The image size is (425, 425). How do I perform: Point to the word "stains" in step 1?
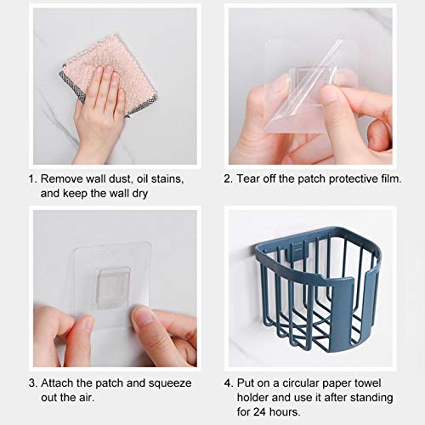[167, 178]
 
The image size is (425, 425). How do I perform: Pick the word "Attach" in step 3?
[57, 383]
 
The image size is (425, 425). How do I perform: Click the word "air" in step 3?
[86, 398]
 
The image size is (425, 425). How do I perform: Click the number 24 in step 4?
[259, 412]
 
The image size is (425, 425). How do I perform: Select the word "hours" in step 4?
[284, 412]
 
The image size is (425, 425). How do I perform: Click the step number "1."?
[33, 178]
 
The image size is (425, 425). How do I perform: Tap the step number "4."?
[229, 383]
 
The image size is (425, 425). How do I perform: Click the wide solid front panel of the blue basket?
[343, 313]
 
